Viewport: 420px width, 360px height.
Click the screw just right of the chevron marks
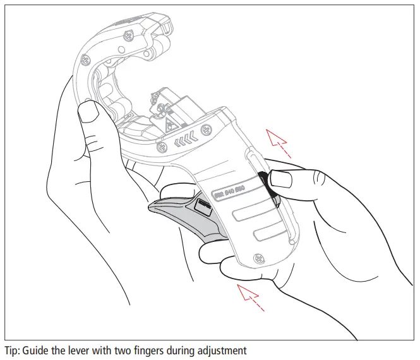point(205,131)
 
